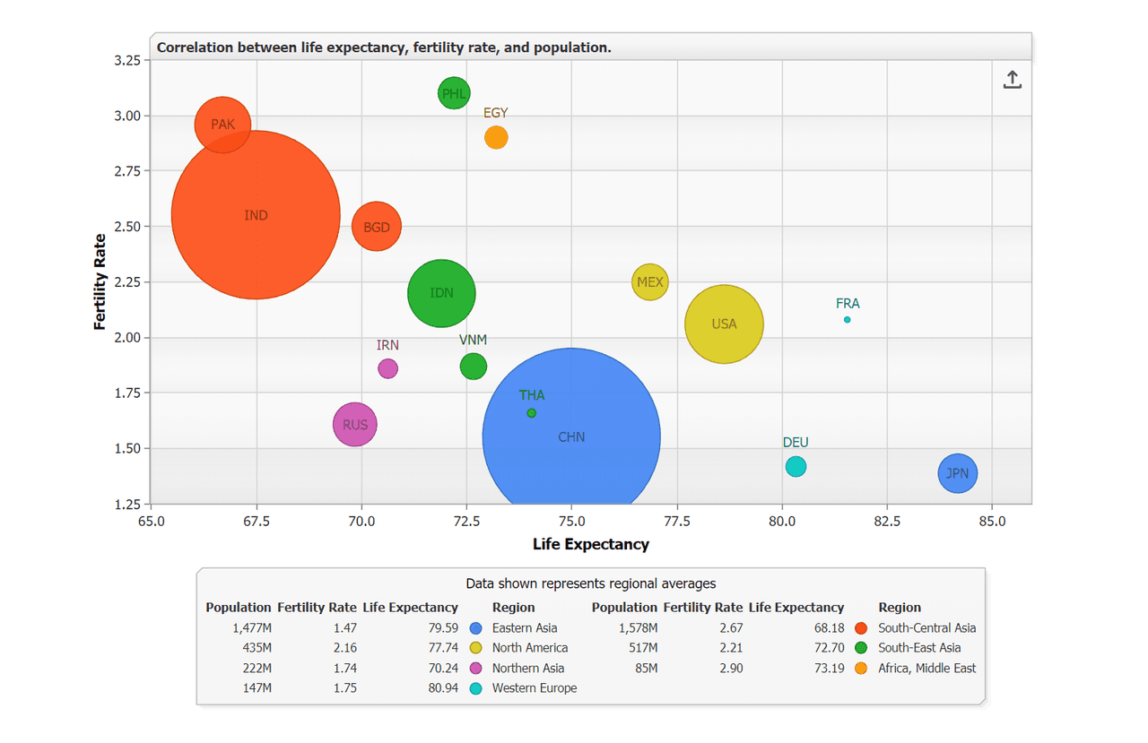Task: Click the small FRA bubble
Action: (848, 320)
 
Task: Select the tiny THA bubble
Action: (532, 412)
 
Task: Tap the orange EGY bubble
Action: (496, 137)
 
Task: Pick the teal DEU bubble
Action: (796, 466)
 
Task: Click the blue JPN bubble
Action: (957, 473)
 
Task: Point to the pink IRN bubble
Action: (388, 368)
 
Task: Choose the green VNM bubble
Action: (473, 367)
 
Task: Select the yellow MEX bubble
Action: (650, 281)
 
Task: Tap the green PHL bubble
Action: (454, 93)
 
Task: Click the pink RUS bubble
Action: (354, 424)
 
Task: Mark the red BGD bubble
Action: (376, 227)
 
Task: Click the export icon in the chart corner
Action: (1013, 80)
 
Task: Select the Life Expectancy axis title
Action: (590, 544)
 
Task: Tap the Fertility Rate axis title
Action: (100, 281)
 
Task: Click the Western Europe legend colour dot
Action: (475, 688)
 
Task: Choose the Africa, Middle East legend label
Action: (926, 668)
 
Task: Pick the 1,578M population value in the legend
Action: (638, 627)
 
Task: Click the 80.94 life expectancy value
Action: (443, 687)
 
